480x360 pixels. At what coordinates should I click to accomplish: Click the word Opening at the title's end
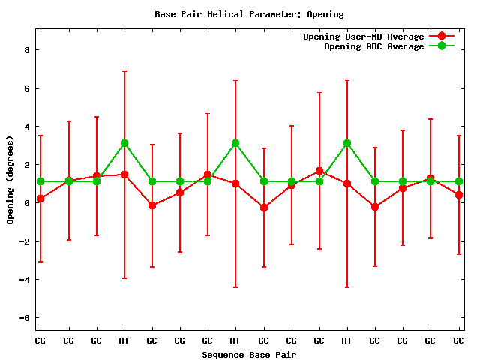click(x=325, y=14)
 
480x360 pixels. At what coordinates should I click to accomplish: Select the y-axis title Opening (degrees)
click(x=10, y=180)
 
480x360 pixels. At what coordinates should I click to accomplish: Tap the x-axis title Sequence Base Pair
click(x=249, y=354)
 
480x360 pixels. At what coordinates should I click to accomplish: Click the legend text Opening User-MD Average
click(x=364, y=37)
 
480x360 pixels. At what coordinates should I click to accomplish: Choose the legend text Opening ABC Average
click(x=374, y=46)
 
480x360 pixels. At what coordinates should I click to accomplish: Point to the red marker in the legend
click(x=442, y=37)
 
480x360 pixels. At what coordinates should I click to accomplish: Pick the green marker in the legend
click(x=442, y=46)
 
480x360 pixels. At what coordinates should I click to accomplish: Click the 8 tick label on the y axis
click(x=26, y=50)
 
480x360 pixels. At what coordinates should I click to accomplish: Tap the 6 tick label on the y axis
click(x=26, y=88)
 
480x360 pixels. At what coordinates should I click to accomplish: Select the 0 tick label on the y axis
click(x=26, y=203)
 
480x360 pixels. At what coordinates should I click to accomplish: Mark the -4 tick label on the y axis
click(x=24, y=280)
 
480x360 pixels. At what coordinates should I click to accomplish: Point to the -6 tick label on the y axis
click(x=24, y=318)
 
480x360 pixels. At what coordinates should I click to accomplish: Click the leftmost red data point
click(x=40, y=199)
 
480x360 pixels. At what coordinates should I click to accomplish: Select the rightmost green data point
click(x=458, y=181)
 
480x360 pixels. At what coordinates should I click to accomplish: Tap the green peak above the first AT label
click(x=124, y=143)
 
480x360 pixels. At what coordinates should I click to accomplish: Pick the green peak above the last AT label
click(x=347, y=143)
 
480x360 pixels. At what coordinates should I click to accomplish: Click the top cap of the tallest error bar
click(x=124, y=71)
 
